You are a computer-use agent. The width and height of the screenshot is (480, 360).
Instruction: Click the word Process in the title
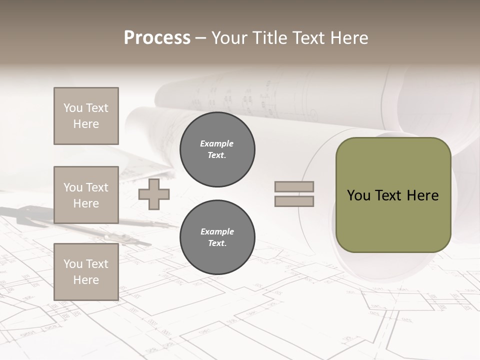click(157, 38)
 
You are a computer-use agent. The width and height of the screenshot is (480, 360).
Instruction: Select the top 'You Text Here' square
click(86, 116)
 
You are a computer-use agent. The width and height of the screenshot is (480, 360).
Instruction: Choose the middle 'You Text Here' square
click(86, 195)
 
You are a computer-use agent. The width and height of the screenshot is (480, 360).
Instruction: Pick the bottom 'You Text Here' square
click(86, 272)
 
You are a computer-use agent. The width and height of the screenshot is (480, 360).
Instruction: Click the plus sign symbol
click(154, 194)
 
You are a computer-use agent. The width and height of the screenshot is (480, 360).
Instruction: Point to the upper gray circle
click(217, 149)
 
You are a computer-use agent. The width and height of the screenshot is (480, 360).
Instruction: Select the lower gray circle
click(217, 237)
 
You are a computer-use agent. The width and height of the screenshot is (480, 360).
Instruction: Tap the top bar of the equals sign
click(294, 186)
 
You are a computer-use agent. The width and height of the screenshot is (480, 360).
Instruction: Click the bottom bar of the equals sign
click(294, 201)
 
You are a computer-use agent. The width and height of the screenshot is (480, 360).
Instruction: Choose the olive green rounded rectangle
click(393, 220)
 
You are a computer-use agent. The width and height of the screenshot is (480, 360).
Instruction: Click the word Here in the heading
click(346, 38)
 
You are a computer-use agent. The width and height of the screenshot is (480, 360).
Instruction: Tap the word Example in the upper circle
click(217, 143)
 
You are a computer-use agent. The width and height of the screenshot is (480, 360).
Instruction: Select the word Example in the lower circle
click(217, 231)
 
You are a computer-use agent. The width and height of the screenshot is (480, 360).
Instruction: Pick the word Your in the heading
click(230, 38)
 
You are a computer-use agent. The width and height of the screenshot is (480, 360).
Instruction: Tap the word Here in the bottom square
click(86, 280)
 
